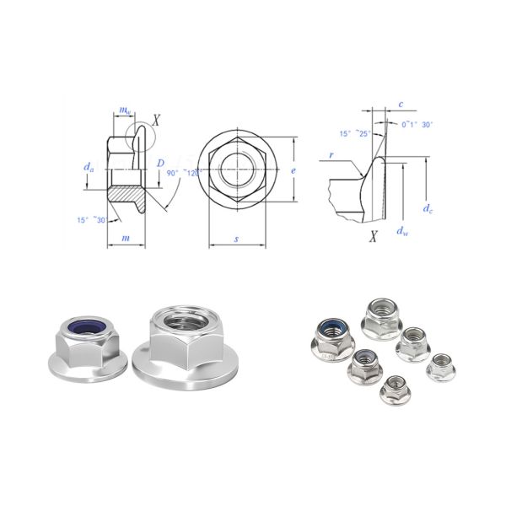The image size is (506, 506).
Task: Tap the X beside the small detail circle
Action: [156, 121]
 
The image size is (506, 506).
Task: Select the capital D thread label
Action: [160, 162]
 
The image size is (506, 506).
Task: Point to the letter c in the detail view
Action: [401, 104]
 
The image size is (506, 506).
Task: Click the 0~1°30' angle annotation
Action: [417, 124]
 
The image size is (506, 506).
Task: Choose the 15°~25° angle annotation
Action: [354, 133]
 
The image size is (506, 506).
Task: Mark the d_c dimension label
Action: [429, 208]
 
